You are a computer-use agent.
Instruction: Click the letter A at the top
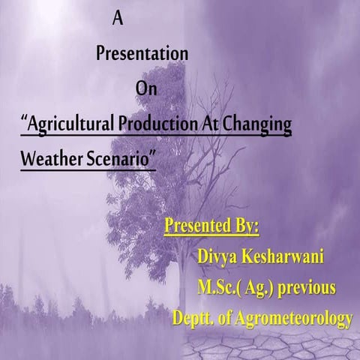coord(117,19)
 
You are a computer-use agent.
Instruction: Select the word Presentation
coord(142,54)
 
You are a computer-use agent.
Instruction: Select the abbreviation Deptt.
coord(195,318)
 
